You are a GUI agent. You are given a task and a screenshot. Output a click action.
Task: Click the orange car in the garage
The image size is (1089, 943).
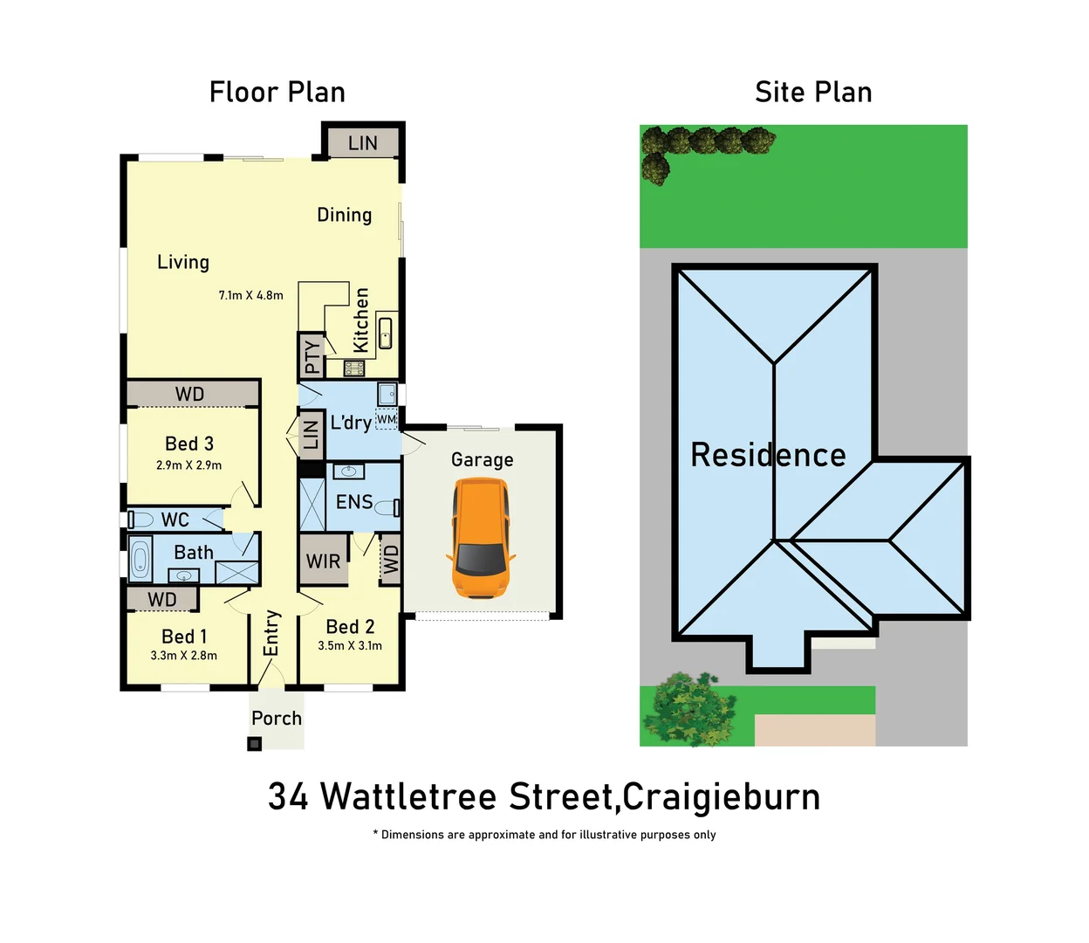coord(480,538)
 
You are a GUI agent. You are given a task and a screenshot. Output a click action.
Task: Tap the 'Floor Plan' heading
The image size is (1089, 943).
coord(277,92)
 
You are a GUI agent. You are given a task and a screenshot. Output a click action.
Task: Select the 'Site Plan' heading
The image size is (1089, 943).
coord(813,92)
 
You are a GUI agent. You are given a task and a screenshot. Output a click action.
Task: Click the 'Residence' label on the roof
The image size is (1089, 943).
coord(768,455)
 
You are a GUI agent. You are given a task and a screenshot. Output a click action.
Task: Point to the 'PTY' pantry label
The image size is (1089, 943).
coord(312,356)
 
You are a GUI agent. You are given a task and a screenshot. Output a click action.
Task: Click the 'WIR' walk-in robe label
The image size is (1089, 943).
coord(323,561)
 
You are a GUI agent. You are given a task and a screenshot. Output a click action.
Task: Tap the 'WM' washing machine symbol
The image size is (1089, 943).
coord(386,419)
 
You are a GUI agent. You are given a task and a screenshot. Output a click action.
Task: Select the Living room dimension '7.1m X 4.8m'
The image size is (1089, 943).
coord(250,295)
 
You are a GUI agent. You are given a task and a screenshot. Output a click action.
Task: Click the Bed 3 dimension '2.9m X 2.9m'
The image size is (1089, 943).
coord(188,465)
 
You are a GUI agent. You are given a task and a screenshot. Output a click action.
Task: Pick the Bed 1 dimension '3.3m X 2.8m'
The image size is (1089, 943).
coord(183,655)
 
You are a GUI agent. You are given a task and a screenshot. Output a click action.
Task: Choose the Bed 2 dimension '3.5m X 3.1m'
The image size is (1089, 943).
coord(349,645)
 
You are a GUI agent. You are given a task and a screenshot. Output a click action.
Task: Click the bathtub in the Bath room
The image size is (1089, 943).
coord(140,559)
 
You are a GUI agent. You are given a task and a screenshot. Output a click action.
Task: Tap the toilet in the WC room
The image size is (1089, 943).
coord(140,520)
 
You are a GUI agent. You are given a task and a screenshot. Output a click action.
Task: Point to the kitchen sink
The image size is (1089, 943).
coord(386,334)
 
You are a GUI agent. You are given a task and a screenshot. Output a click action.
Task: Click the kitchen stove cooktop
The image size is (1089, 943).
coord(353,368)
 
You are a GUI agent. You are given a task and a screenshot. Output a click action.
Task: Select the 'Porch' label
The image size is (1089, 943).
coord(277,718)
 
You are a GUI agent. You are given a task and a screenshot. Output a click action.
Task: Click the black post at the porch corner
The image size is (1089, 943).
coord(254,744)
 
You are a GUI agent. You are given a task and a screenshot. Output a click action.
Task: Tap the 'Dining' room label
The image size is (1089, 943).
coord(344,215)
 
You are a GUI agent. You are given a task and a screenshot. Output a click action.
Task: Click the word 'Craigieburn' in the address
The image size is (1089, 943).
coord(722,796)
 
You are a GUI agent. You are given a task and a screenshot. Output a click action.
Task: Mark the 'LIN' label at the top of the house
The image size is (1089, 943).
coord(362,143)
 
